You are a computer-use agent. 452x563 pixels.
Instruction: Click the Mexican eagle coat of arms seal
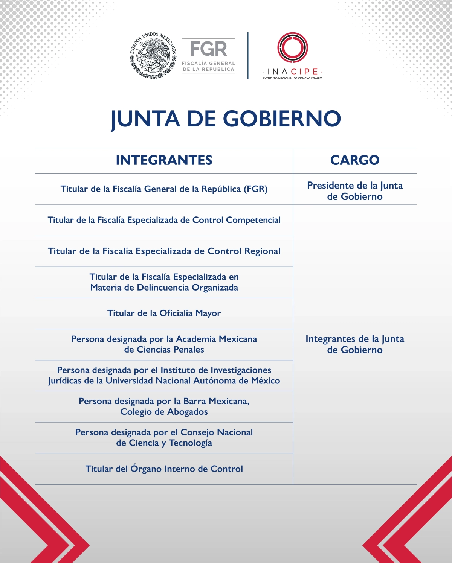click(x=153, y=55)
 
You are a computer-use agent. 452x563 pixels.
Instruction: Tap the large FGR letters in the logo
click(x=208, y=49)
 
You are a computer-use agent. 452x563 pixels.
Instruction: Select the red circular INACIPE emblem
click(x=293, y=47)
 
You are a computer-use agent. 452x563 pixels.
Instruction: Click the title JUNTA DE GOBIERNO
click(x=226, y=119)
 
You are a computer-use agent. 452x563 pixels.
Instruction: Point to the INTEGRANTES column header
click(x=164, y=160)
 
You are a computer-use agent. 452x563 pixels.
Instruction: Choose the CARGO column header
click(x=355, y=160)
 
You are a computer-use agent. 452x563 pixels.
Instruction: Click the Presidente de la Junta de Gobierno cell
click(x=355, y=191)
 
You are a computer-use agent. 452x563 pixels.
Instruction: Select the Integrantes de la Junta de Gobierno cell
click(x=355, y=344)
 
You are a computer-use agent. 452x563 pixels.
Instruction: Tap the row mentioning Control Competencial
click(x=164, y=220)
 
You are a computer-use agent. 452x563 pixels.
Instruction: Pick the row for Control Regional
click(x=164, y=251)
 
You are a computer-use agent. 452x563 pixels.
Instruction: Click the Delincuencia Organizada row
click(x=164, y=282)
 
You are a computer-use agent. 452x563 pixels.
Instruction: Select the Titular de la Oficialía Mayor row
click(x=164, y=313)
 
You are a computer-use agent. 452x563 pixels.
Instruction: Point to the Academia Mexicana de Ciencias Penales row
click(x=164, y=344)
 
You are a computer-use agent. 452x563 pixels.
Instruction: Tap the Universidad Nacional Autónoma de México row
click(x=164, y=376)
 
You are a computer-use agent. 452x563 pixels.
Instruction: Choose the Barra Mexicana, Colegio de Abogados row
click(x=164, y=406)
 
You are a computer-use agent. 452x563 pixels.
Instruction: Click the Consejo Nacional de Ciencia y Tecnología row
click(x=164, y=438)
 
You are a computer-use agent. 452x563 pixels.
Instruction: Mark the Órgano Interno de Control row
click(x=164, y=469)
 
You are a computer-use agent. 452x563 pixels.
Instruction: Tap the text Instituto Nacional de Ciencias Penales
click(x=293, y=78)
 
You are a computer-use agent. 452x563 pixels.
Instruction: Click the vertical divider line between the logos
click(x=248, y=56)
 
